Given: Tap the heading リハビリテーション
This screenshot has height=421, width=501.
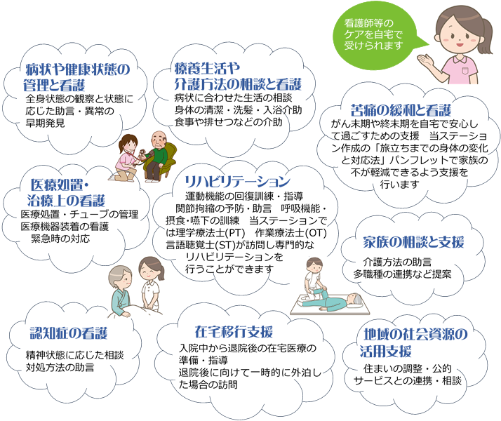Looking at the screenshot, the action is pyautogui.click(x=237, y=182).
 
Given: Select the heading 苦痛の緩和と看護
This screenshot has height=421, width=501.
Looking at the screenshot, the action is pyautogui.click(x=401, y=110).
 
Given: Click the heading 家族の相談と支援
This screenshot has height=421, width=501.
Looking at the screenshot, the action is pyautogui.click(x=413, y=242).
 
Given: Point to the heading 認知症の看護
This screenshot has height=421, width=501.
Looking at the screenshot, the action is pyautogui.click(x=69, y=333).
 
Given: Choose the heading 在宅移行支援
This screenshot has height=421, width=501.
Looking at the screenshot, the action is pyautogui.click(x=234, y=332).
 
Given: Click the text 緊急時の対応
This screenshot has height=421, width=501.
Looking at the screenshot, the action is pyautogui.click(x=60, y=239).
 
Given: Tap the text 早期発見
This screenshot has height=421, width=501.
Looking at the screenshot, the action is pyautogui.click(x=45, y=123).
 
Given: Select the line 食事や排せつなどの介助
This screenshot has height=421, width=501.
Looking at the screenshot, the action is pyautogui.click(x=229, y=122).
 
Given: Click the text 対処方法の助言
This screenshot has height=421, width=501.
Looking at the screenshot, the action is pyautogui.click(x=60, y=368).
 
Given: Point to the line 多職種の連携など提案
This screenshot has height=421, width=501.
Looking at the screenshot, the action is pyautogui.click(x=402, y=274).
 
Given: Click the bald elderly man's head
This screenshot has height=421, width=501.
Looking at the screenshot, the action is pyautogui.click(x=159, y=139).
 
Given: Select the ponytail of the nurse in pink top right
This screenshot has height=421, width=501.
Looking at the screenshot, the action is pyautogui.click(x=486, y=35).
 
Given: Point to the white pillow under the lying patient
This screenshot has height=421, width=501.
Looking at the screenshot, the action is pyautogui.click(x=355, y=305).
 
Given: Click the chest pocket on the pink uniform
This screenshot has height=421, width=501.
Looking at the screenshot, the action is pyautogui.click(x=465, y=70).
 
